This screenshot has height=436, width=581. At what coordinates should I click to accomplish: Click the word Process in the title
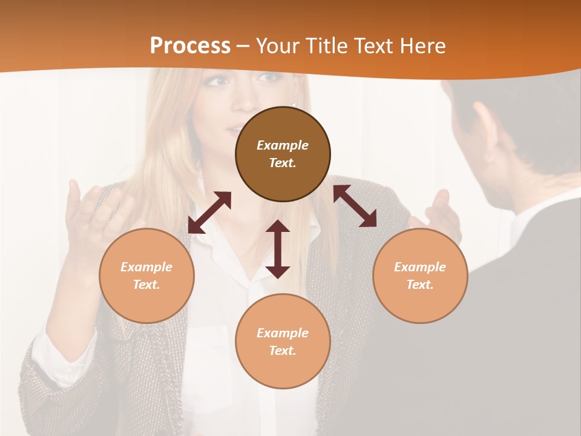(190, 46)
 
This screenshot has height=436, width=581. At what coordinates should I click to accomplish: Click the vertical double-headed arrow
(278, 249)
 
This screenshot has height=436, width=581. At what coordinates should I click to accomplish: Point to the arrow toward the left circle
(209, 213)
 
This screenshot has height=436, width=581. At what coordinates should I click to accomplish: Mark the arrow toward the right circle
(355, 206)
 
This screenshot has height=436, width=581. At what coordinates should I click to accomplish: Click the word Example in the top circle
(283, 145)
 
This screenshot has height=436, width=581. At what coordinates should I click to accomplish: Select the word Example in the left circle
(146, 267)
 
